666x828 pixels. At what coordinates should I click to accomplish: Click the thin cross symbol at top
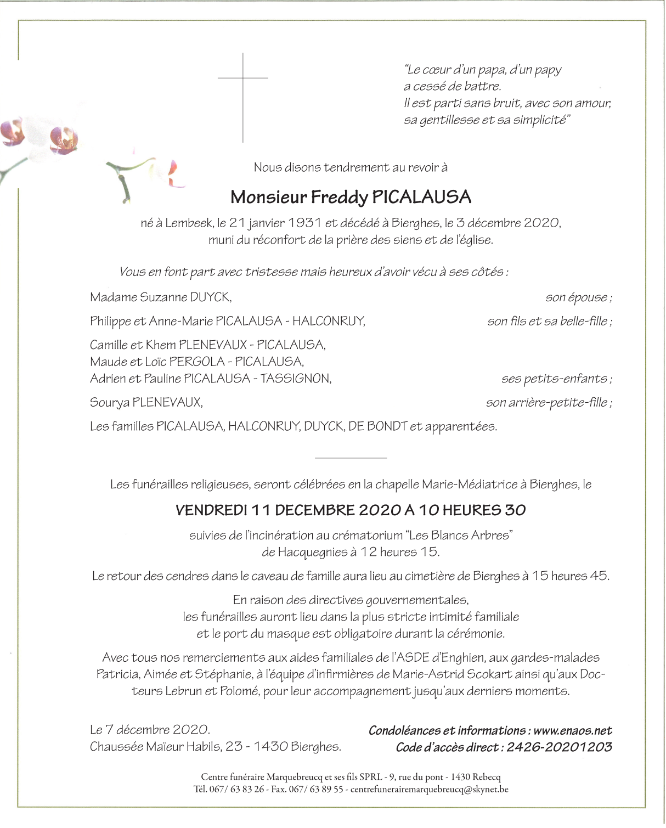coord(243,88)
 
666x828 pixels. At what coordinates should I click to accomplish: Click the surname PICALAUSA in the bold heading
coord(421,197)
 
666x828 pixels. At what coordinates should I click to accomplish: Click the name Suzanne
coord(163,297)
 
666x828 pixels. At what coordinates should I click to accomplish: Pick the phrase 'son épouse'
coord(577,298)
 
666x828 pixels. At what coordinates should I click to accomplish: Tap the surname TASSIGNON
coord(296,379)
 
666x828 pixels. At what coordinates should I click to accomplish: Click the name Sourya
coord(110,403)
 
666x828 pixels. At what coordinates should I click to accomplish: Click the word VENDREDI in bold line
coord(211,510)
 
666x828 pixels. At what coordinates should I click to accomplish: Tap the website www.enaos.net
coord(572,731)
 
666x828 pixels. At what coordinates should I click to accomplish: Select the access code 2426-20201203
coord(559,747)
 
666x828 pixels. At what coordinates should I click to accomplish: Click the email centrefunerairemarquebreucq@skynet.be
coord(429,790)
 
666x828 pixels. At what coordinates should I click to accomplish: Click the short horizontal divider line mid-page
coord(351,457)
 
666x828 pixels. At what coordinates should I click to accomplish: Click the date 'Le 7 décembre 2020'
coord(150,730)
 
